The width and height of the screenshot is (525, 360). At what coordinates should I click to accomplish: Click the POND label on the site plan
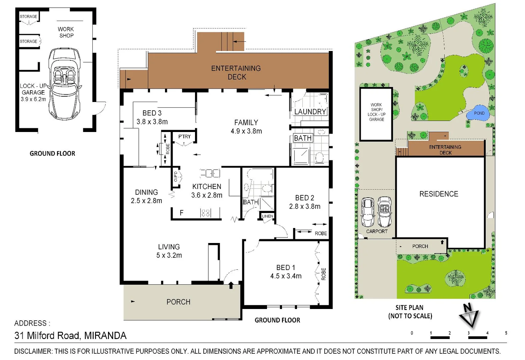pyautogui.click(x=479, y=113)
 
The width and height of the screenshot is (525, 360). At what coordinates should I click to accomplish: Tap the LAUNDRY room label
pyautogui.click(x=310, y=112)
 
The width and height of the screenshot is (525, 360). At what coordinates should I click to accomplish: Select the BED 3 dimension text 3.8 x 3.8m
pyautogui.click(x=152, y=122)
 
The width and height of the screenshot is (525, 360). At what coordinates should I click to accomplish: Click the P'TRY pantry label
pyautogui.click(x=184, y=137)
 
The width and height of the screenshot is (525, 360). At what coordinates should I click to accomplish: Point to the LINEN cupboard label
pyautogui.click(x=267, y=216)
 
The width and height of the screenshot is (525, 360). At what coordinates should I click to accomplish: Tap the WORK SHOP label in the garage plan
pyautogui.click(x=66, y=32)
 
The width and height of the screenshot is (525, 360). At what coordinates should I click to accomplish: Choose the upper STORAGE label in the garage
pyautogui.click(x=28, y=16)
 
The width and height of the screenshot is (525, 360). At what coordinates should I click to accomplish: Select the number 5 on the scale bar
pyautogui.click(x=506, y=333)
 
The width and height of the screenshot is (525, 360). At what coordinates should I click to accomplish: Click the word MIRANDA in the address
pyautogui.click(x=105, y=336)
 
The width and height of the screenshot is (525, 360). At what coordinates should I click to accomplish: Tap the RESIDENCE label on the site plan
pyautogui.click(x=439, y=194)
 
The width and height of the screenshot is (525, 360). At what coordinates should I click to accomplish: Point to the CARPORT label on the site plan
pyautogui.click(x=377, y=231)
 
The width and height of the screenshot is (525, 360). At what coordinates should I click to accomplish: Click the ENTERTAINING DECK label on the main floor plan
pyautogui.click(x=236, y=72)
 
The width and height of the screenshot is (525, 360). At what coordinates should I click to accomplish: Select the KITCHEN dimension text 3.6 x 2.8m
pyautogui.click(x=207, y=195)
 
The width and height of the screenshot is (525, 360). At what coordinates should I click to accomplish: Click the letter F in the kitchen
pyautogui.click(x=181, y=213)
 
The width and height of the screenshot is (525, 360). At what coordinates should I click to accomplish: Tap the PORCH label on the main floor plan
pyautogui.click(x=178, y=302)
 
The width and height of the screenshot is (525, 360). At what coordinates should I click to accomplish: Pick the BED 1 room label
pyautogui.click(x=286, y=268)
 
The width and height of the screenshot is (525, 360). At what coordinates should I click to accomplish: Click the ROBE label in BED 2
pyautogui.click(x=321, y=233)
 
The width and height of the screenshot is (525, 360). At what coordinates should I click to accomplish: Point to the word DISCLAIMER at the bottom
pyautogui.click(x=33, y=351)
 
